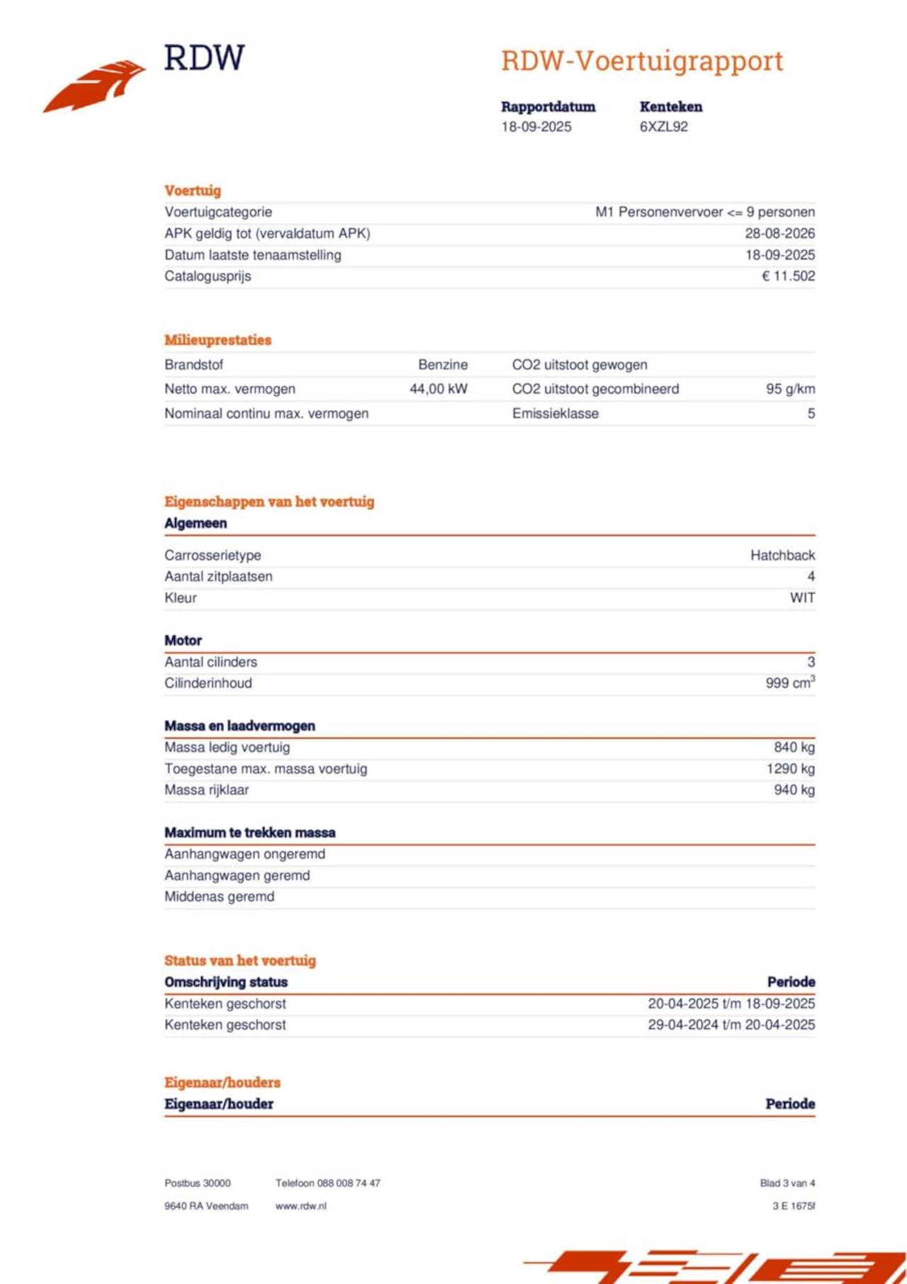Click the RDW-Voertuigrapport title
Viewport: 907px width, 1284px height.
[x=641, y=61]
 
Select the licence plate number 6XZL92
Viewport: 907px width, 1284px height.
[x=663, y=127]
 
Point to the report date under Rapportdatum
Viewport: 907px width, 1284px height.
[x=536, y=127]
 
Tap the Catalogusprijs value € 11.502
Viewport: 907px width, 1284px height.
[x=788, y=276]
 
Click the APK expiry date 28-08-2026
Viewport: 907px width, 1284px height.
[x=779, y=233]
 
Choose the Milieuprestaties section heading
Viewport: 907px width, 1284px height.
[x=218, y=340]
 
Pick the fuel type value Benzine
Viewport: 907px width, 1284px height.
[x=443, y=365]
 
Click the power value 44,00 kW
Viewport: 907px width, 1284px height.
[x=438, y=389]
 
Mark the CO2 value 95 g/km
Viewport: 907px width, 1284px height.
[x=790, y=389]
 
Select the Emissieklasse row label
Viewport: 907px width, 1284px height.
[x=555, y=414]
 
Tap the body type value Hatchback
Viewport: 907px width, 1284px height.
[x=782, y=556]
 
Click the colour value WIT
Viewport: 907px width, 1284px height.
[x=802, y=598]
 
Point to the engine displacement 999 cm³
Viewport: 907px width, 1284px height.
[x=789, y=683]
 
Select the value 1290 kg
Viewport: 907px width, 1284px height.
[x=790, y=769]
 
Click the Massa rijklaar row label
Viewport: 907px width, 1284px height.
[x=206, y=790]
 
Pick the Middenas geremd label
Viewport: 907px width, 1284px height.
[x=219, y=897]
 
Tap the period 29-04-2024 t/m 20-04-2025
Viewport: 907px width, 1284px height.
[x=731, y=1025]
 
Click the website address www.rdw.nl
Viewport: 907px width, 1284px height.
[x=300, y=1206]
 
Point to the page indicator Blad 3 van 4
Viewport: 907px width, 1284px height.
[x=787, y=1183]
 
